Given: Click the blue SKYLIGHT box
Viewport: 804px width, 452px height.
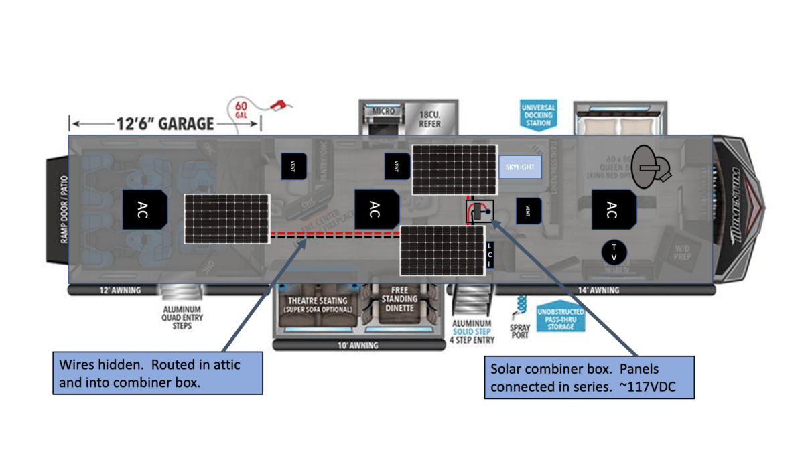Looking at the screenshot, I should point(520,167).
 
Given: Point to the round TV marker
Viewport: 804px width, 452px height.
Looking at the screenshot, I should point(613,252).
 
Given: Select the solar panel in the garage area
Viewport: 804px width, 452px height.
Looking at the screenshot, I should point(227,219).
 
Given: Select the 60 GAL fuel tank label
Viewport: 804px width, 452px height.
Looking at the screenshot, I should point(241,110).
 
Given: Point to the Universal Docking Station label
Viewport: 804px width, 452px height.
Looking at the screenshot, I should point(538,115).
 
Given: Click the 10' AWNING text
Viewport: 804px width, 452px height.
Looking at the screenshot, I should point(358,346).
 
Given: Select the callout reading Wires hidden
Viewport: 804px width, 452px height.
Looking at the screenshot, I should point(157,373).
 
